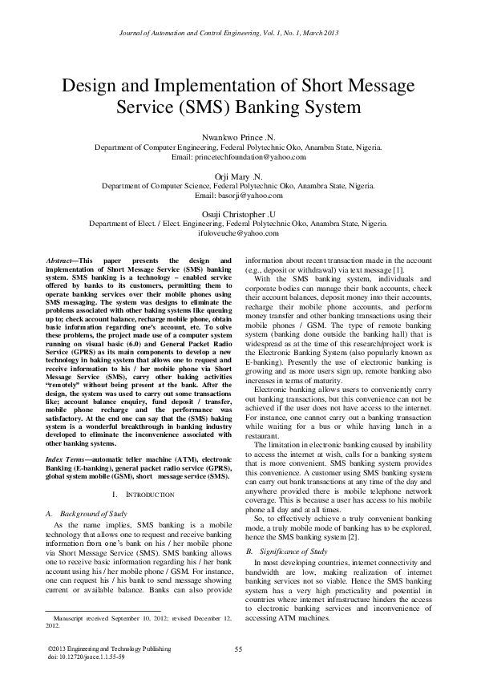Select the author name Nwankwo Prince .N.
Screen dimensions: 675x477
pos(238,137)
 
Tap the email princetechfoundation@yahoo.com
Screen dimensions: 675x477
pos(238,159)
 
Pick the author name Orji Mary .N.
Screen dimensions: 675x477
pos(238,176)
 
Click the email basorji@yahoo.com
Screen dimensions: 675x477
pos(238,196)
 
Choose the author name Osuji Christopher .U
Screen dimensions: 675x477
pos(238,214)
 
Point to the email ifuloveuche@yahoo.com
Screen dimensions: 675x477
pos(238,235)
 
